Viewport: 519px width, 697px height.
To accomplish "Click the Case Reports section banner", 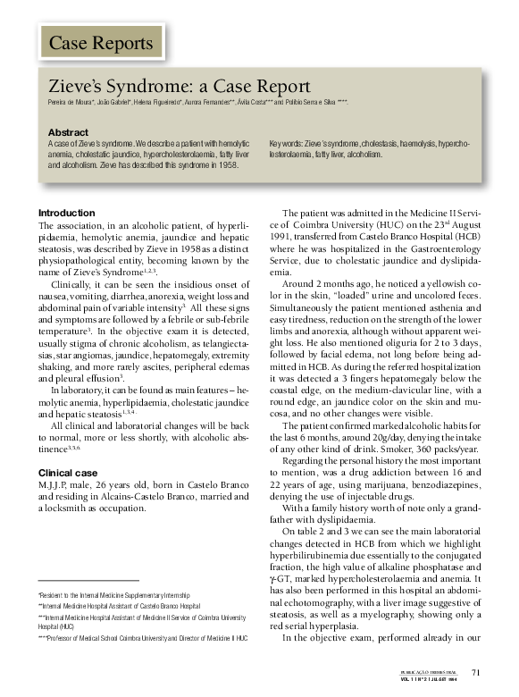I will [x=100, y=42].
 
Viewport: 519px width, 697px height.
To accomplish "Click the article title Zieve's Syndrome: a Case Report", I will [x=179, y=87].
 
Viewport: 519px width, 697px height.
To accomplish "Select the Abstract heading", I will [x=68, y=132].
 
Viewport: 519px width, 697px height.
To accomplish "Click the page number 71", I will [x=475, y=674].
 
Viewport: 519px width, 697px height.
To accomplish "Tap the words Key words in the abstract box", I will [x=288, y=143].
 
